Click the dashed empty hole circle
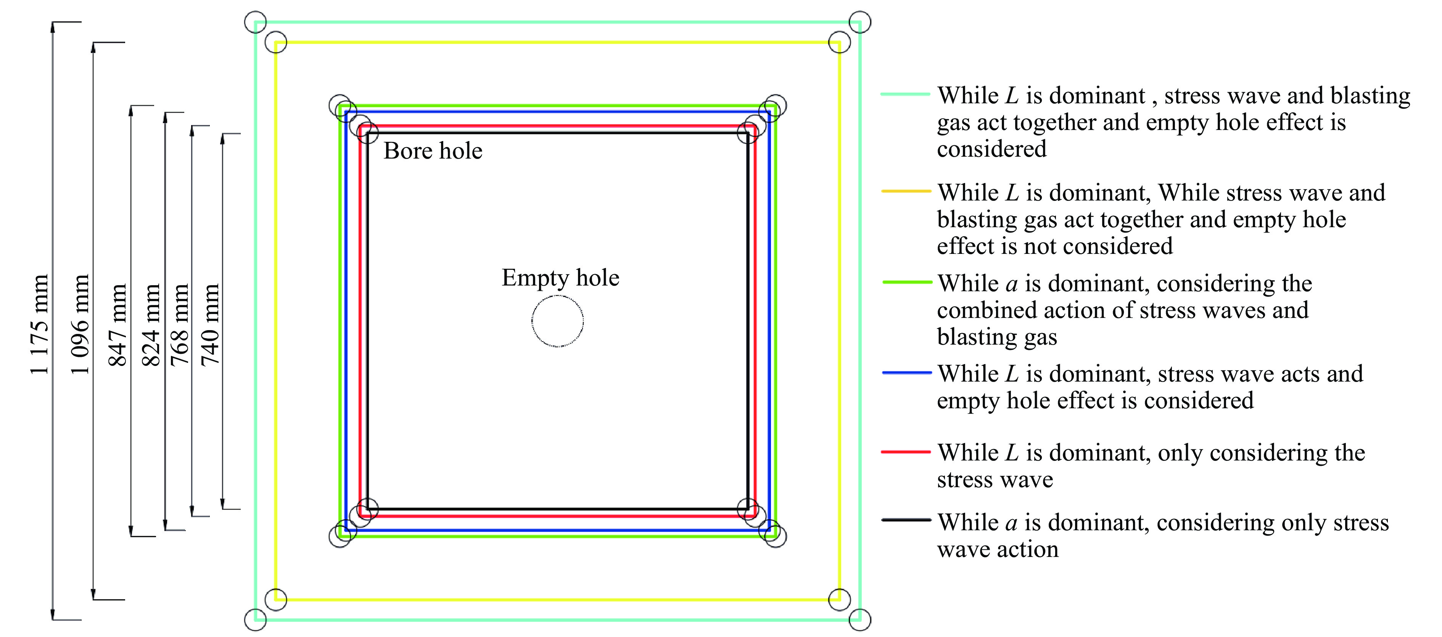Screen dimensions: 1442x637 [x=558, y=295]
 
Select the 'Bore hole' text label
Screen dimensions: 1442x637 [x=433, y=151]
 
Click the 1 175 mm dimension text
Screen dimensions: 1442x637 [x=39, y=324]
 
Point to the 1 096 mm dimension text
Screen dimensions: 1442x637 [x=79, y=324]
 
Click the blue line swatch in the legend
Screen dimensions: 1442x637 [x=906, y=372]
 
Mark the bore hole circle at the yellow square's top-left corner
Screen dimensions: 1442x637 [x=275, y=31]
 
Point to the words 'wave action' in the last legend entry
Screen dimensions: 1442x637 [x=998, y=550]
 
